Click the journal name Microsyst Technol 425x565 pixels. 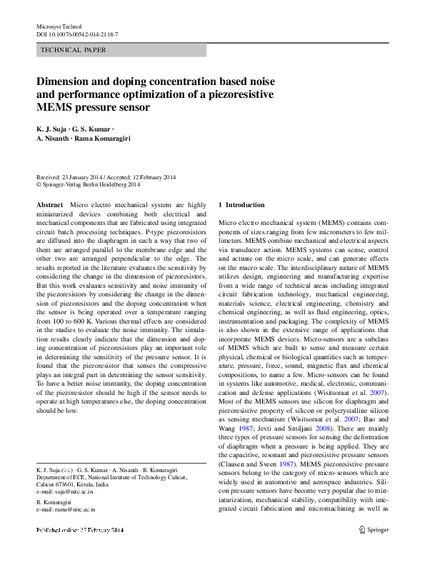[59, 26]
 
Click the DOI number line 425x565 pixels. [77, 34]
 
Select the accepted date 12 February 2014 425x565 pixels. [146, 177]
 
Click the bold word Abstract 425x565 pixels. [49, 205]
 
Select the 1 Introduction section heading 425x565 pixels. [241, 205]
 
